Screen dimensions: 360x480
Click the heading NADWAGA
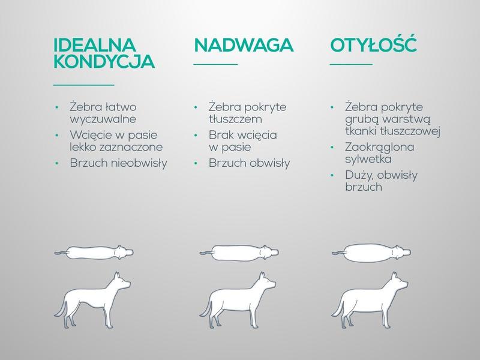[243, 46]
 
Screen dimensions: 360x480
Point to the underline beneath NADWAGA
[215, 64]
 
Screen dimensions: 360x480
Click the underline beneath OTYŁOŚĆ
[351, 64]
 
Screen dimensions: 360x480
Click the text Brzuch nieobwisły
[118, 163]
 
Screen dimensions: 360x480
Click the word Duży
[360, 176]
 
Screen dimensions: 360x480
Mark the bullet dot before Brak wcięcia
[196, 134]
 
